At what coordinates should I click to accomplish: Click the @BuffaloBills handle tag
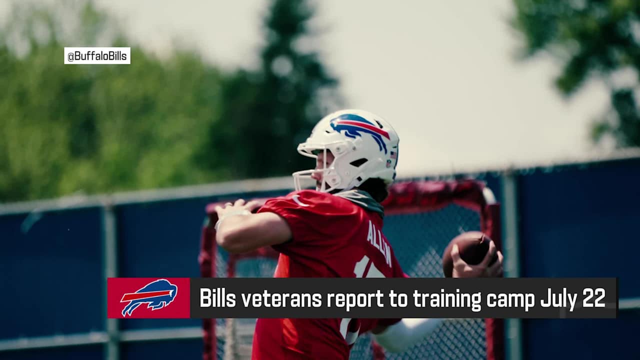(97, 55)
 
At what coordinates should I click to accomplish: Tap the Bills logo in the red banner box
(148, 298)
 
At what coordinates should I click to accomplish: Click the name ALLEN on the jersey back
(378, 242)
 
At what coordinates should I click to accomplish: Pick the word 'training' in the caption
(446, 298)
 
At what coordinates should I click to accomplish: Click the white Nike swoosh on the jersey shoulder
(298, 200)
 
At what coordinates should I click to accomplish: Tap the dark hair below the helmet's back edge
(375, 189)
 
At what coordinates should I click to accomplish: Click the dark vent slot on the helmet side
(359, 162)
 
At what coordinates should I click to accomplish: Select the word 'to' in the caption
(398, 298)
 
